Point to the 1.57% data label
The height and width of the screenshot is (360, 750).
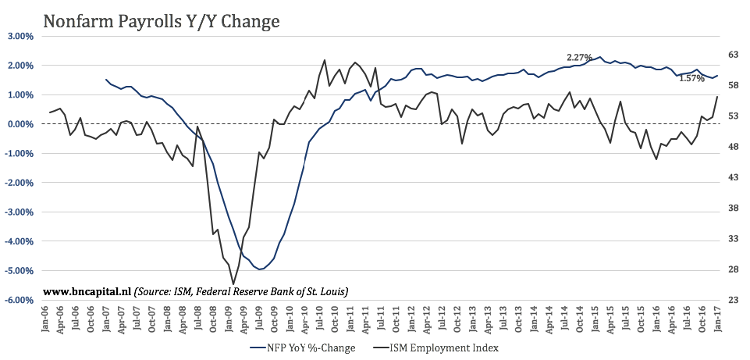click(692, 78)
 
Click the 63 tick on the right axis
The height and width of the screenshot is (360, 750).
click(734, 55)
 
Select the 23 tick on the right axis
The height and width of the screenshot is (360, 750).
click(734, 300)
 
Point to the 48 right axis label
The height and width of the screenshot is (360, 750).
click(734, 147)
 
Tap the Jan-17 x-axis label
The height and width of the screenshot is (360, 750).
click(717, 320)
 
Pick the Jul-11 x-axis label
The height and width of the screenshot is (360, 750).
click(382, 320)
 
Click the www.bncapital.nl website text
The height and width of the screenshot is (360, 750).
click(87, 290)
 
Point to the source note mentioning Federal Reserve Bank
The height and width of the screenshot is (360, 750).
click(241, 290)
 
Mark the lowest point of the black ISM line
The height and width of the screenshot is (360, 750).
click(233, 283)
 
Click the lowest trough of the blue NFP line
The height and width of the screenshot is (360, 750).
click(259, 269)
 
